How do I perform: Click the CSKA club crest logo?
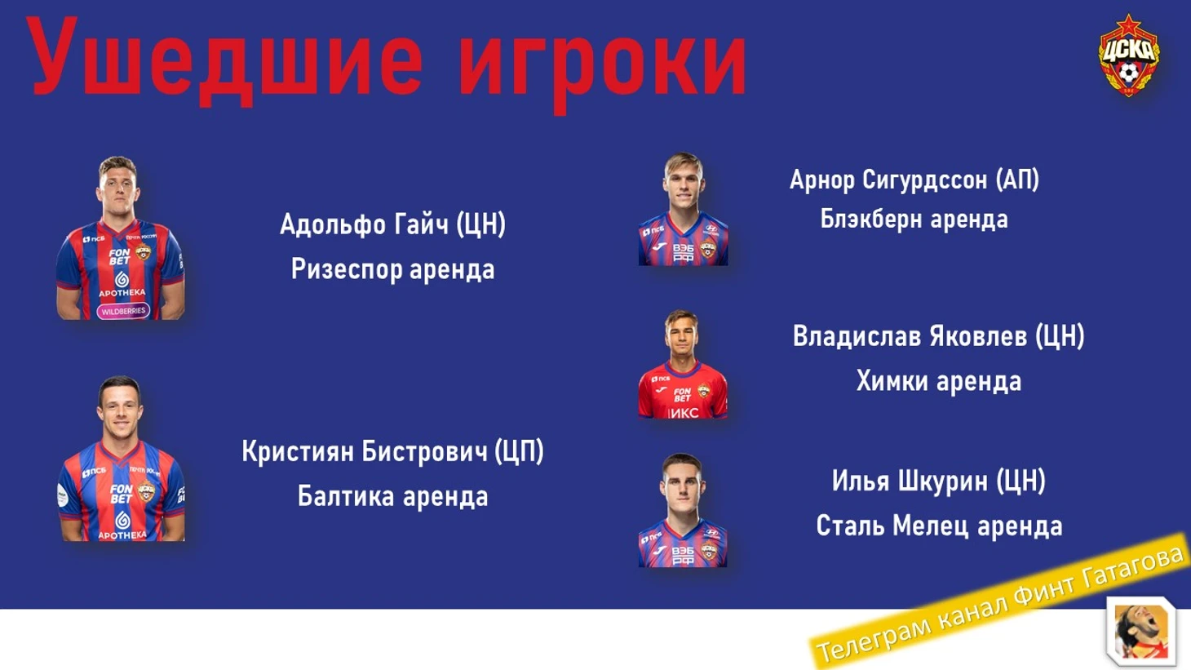[1129, 55]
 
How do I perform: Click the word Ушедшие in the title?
[224, 62]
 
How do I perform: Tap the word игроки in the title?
[603, 66]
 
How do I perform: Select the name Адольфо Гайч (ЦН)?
[393, 224]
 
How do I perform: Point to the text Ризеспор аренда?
[393, 269]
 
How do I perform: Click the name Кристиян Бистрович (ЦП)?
[393, 451]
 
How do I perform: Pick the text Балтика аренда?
[393, 496]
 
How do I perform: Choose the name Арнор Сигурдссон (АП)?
[914, 180]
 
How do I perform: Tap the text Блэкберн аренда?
[914, 219]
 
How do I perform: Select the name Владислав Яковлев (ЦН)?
[938, 336]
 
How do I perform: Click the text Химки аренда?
[938, 381]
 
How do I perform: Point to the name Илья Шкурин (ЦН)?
[938, 481]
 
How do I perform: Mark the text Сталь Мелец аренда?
[939, 526]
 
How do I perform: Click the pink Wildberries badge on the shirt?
[123, 311]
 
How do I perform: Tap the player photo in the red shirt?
[683, 364]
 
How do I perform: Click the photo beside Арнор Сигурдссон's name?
[684, 209]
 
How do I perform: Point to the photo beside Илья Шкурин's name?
[683, 510]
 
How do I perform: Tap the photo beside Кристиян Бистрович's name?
[122, 459]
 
